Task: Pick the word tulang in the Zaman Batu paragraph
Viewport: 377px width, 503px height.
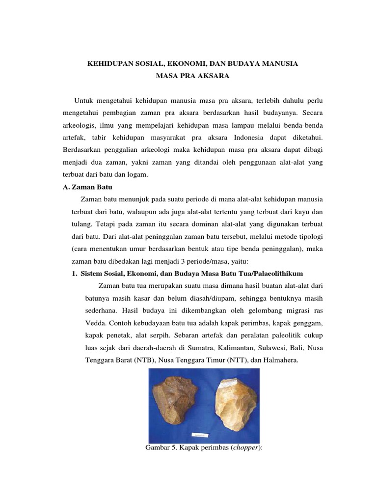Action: click(81, 225)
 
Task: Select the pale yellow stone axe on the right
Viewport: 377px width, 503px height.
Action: click(231, 406)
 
